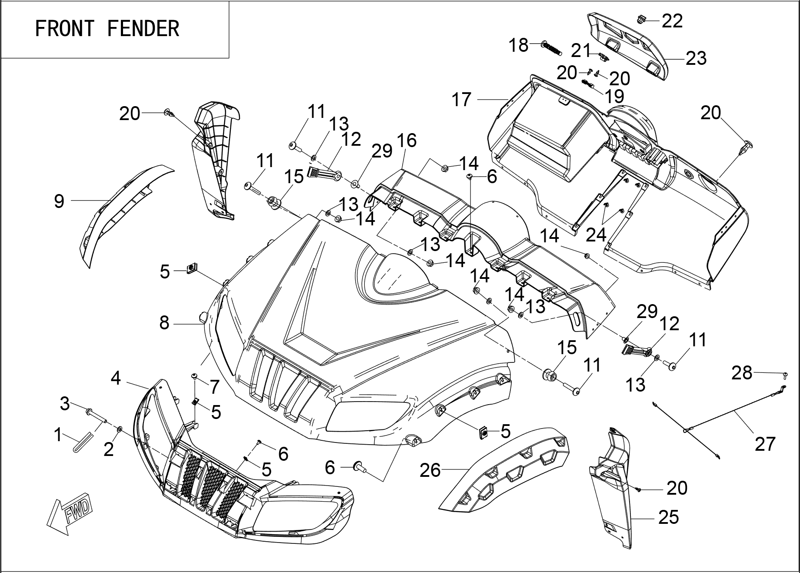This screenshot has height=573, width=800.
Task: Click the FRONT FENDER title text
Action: [107, 29]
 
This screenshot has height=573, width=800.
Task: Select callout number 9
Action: [59, 201]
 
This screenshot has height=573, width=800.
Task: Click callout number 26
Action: [430, 470]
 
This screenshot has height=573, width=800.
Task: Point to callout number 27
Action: [765, 444]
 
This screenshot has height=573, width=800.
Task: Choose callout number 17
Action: [461, 100]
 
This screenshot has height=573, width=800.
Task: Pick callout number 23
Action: [696, 58]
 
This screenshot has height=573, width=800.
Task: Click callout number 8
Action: [164, 323]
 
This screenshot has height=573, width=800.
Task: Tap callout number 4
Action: [115, 378]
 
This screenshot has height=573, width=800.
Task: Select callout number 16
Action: [407, 140]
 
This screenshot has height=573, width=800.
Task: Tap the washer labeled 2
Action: [120, 430]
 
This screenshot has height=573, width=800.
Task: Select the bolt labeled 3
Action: [97, 415]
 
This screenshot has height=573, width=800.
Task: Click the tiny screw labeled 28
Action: [785, 374]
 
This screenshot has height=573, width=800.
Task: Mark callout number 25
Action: [668, 517]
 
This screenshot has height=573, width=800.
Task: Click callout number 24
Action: [596, 235]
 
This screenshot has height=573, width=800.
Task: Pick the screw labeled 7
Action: [195, 375]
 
